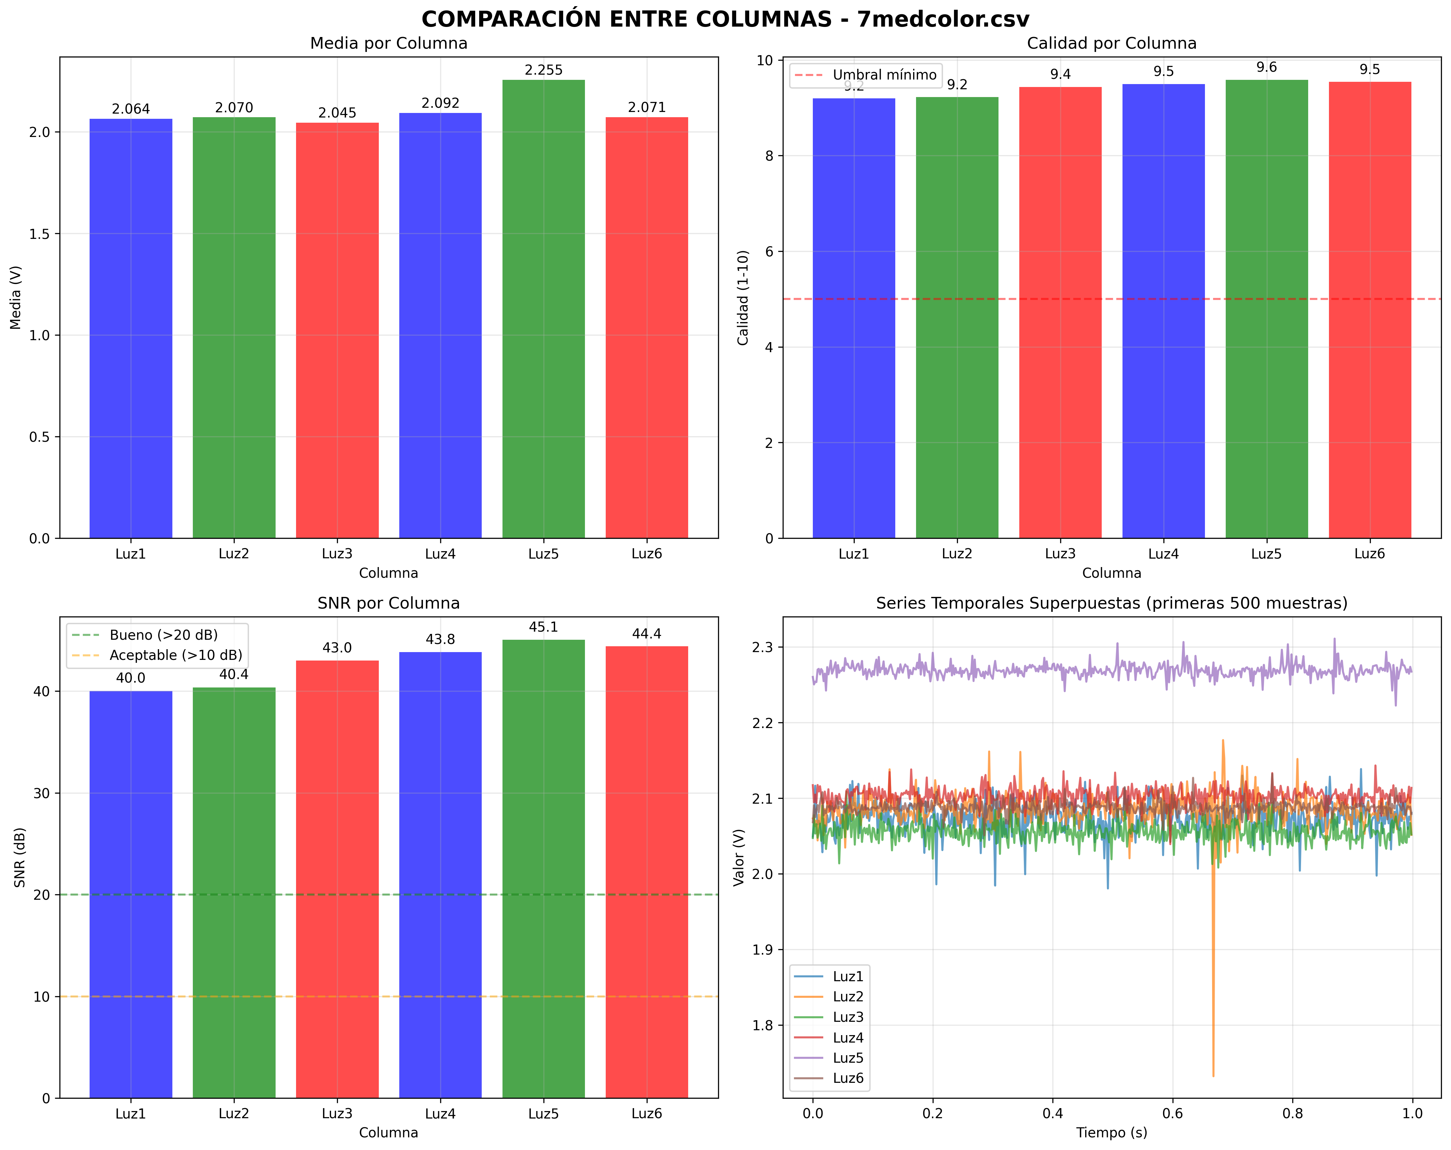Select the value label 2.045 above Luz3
[x=337, y=113]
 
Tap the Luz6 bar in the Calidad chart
[x=1370, y=310]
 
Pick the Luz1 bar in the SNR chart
[x=130, y=895]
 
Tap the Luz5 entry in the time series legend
[x=847, y=1058]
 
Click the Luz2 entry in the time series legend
[x=847, y=996]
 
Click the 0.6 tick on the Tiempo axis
[x=1172, y=1114]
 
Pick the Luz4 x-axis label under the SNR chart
[x=440, y=1114]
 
